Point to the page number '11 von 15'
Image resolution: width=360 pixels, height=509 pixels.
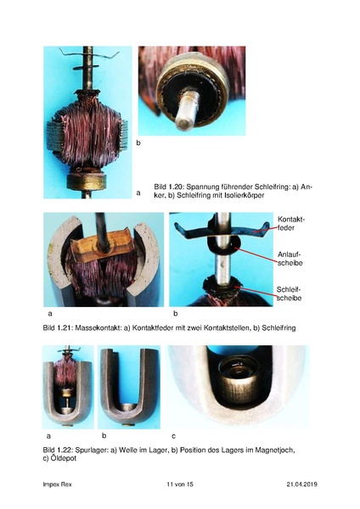(x=180, y=484)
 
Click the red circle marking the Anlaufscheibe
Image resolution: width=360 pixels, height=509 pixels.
(x=225, y=255)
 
